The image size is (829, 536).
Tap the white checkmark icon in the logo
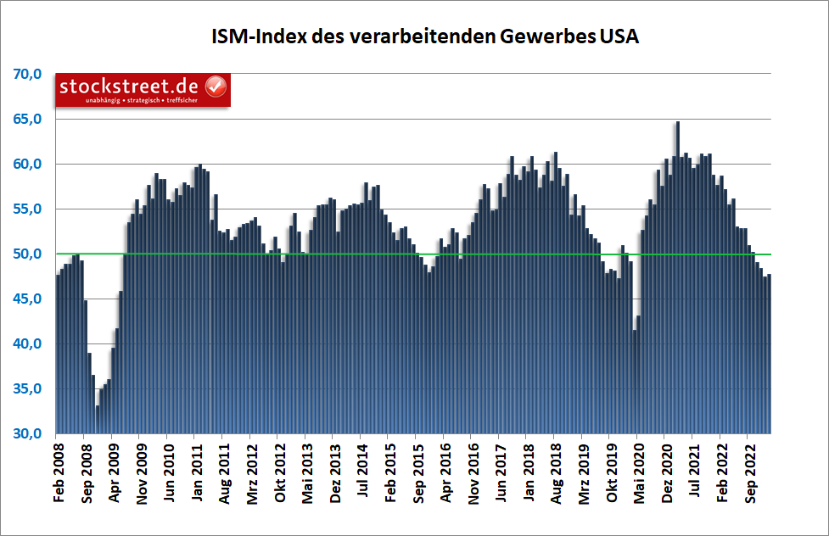pos(216,87)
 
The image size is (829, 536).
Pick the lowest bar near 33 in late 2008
pos(98,420)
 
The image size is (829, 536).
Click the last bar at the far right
pos(769,356)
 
